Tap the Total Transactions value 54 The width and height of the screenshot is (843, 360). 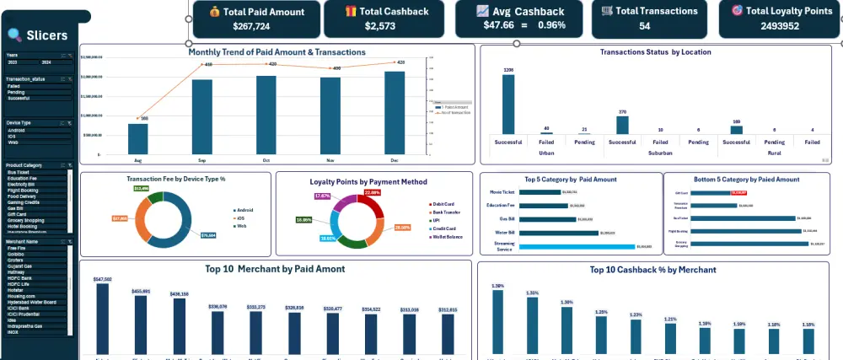(x=644, y=26)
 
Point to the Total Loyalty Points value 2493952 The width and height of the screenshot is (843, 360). (x=775, y=26)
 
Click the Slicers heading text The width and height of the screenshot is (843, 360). (x=47, y=35)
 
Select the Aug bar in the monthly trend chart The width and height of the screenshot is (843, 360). (x=138, y=139)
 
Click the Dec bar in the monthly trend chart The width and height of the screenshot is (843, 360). (x=395, y=113)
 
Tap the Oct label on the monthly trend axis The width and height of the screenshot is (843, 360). (x=266, y=159)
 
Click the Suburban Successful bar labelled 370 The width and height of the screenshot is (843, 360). (x=622, y=124)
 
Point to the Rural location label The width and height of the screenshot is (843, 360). (x=774, y=153)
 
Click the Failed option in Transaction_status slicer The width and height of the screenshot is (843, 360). (x=14, y=86)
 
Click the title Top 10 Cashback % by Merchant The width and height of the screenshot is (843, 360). (x=653, y=270)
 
